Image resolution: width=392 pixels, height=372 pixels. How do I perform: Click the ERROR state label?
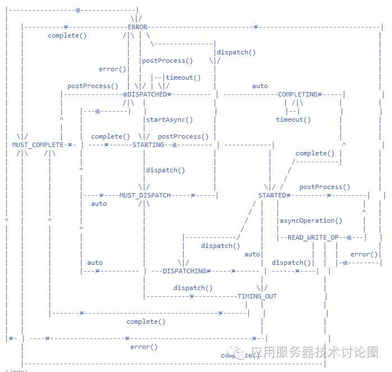[138, 27]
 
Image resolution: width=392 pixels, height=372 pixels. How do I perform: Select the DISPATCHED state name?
[147, 94]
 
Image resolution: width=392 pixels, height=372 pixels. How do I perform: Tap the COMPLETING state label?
[298, 94]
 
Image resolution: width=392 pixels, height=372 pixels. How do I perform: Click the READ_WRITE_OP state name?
[313, 237]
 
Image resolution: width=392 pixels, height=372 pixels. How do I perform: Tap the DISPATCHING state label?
[185, 271]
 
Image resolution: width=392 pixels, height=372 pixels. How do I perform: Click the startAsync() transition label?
[169, 120]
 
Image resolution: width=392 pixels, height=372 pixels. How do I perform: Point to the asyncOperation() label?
[311, 221]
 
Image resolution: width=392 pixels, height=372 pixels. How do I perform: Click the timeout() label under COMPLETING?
[293, 120]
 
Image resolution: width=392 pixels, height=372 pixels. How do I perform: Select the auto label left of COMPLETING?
[260, 86]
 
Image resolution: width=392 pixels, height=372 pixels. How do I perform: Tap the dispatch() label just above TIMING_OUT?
[193, 288]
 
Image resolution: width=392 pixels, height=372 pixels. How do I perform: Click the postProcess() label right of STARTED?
[324, 187]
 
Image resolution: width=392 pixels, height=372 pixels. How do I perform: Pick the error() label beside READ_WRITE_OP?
[364, 254]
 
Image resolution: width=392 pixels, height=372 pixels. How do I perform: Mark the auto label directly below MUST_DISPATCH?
[99, 204]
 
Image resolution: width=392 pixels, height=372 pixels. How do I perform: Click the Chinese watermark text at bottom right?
[314, 352]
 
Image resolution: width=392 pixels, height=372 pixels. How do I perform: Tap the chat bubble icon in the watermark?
[240, 353]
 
